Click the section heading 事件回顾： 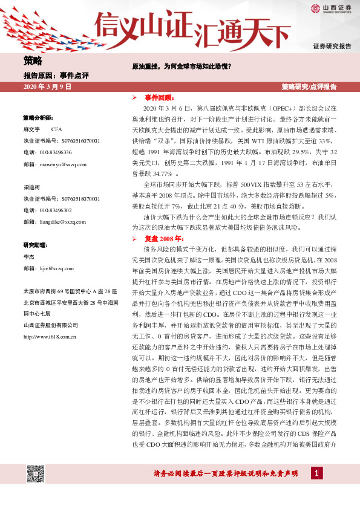tap(159, 97)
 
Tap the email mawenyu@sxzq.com tap(62, 164)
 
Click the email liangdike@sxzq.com tap(63, 222)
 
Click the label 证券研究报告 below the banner tap(332, 46)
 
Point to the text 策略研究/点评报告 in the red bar tap(309, 87)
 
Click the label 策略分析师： tap(38, 117)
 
